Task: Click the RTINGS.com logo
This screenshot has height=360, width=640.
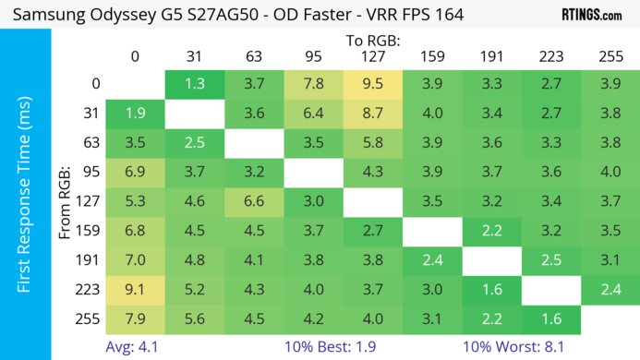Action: pos(591,15)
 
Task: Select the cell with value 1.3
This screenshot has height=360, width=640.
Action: pos(195,84)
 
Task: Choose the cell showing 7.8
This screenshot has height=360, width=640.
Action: pos(313,84)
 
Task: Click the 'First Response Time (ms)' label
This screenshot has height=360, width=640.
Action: pos(25,203)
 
